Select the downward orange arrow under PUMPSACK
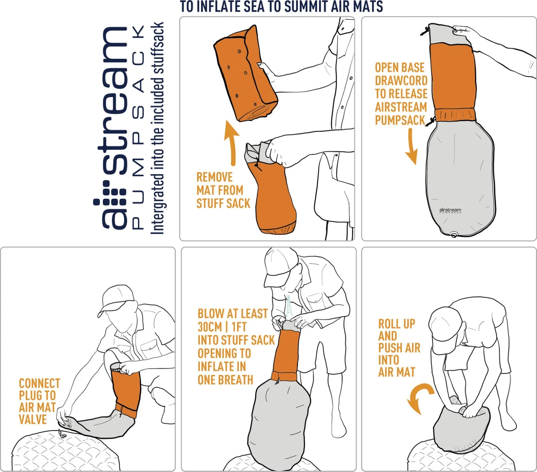411,147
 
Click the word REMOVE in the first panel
214,177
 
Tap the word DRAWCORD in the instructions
401,81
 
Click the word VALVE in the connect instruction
33,419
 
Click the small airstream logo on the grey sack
450,210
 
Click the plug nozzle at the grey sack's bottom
454,235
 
